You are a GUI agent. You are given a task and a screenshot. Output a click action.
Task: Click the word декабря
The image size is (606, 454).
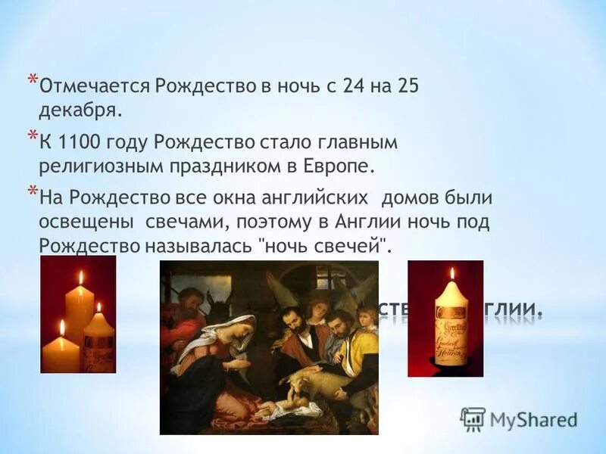pyautogui.click(x=79, y=110)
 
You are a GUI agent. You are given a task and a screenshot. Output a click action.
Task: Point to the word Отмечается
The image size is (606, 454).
pyautogui.click(x=95, y=86)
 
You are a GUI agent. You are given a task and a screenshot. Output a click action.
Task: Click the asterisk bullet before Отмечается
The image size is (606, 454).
pyautogui.click(x=32, y=80)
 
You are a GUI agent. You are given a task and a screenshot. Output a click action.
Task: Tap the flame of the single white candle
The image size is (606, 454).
pyautogui.click(x=451, y=274)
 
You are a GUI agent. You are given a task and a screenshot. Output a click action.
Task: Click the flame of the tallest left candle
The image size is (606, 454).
pyautogui.click(x=80, y=277)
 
